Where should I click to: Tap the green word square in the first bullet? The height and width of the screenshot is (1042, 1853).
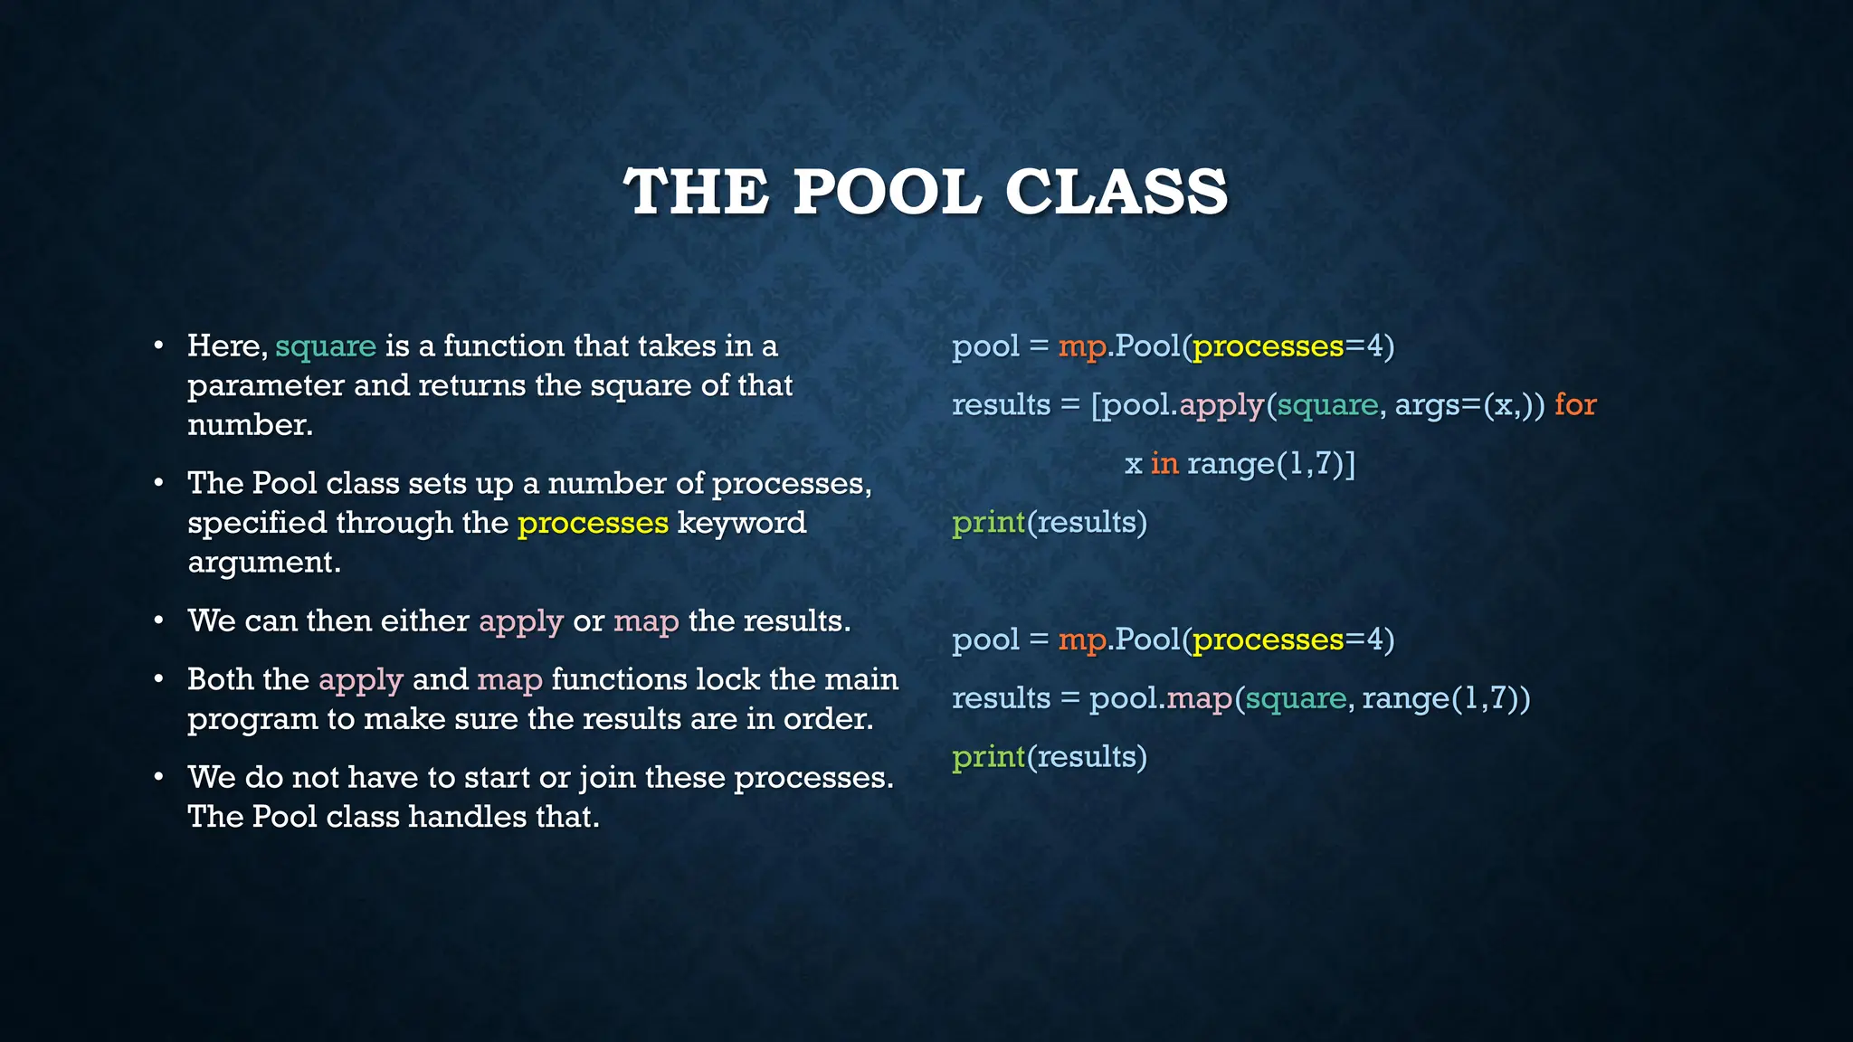point(326,346)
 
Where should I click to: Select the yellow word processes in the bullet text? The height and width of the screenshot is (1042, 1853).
point(593,523)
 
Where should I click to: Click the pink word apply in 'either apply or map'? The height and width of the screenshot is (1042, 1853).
point(521,621)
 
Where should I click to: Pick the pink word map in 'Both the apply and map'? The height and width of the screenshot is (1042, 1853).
point(509,679)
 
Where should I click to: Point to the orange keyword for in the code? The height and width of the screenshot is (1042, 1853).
point(1575,404)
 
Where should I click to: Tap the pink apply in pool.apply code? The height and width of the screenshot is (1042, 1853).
point(1221,405)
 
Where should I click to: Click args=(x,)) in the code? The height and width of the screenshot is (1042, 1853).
point(1469,405)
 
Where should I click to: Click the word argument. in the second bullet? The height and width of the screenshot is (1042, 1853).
point(264,563)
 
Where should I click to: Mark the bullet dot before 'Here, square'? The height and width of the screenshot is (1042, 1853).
point(159,346)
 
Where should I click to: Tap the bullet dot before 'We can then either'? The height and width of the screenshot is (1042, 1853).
point(159,621)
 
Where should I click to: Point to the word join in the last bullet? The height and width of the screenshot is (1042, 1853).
point(607,778)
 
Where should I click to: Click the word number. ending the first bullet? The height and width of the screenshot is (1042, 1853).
point(250,424)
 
